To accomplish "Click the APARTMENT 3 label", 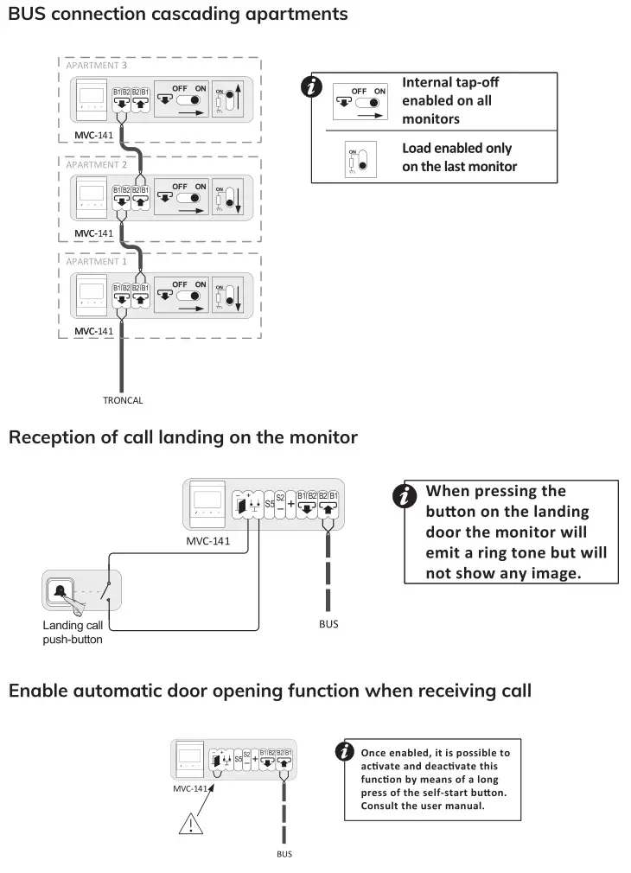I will tap(96, 66).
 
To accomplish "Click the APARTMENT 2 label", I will tap(96, 164).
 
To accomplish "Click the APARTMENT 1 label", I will tap(96, 261).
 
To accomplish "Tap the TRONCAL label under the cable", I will tap(123, 400).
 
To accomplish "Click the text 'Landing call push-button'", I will tap(73, 632).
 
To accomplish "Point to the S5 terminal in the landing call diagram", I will tap(270, 502).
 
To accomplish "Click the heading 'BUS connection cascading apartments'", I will tap(178, 15).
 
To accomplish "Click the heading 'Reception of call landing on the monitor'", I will tap(182, 437).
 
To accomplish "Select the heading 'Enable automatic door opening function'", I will tap(270, 691).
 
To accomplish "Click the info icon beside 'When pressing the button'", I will tap(403, 496).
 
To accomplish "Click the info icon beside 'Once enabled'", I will tap(345, 751).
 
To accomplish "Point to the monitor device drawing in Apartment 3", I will tap(89, 102).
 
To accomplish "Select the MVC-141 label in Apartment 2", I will tap(93, 233).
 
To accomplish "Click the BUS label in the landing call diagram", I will tap(328, 623).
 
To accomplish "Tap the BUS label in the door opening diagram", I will tap(284, 854).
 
